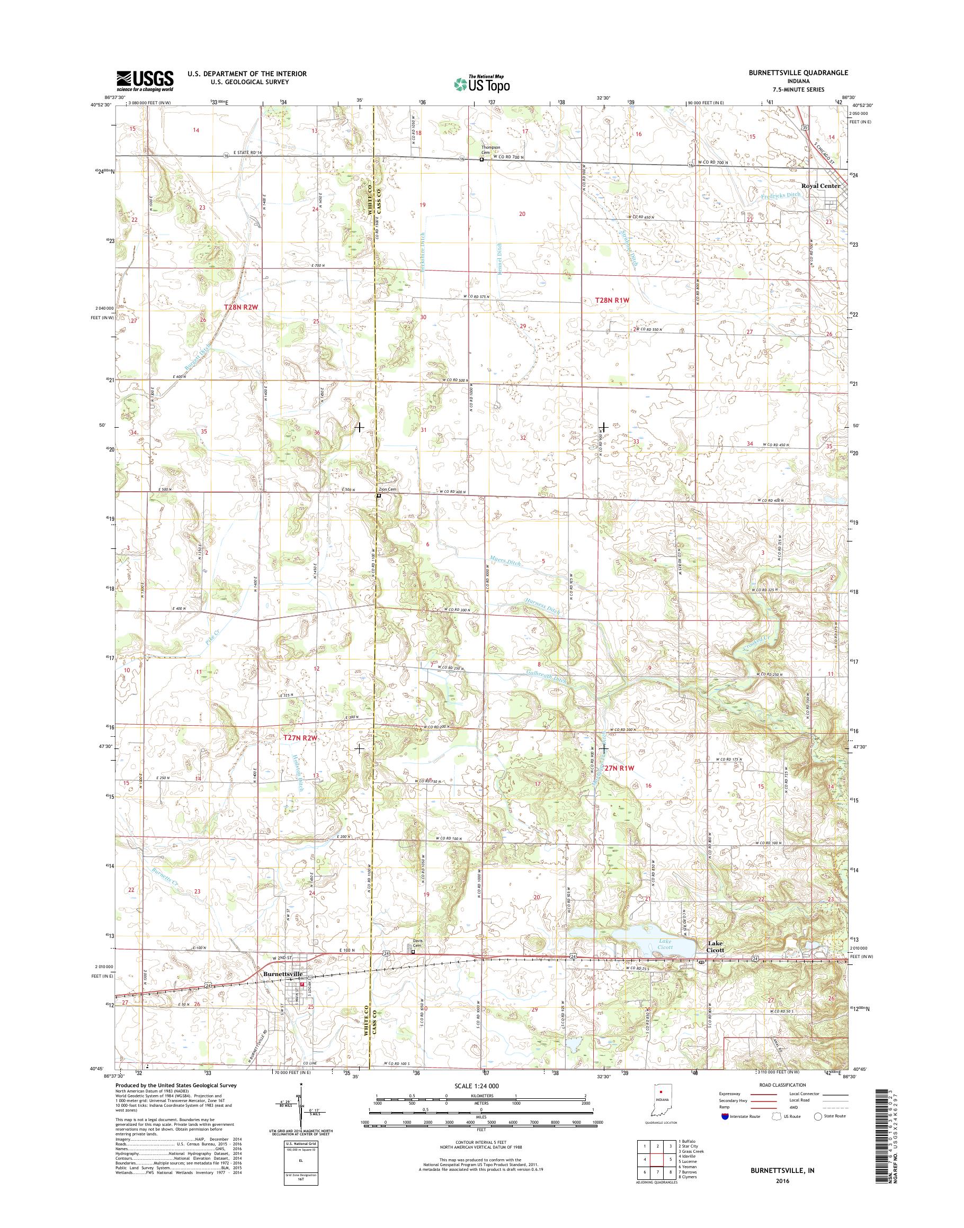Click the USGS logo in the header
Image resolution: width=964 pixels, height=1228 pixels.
pyautogui.click(x=145, y=80)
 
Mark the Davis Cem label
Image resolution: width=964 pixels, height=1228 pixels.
pyautogui.click(x=416, y=943)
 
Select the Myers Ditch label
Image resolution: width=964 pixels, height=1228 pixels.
pyautogui.click(x=507, y=562)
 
